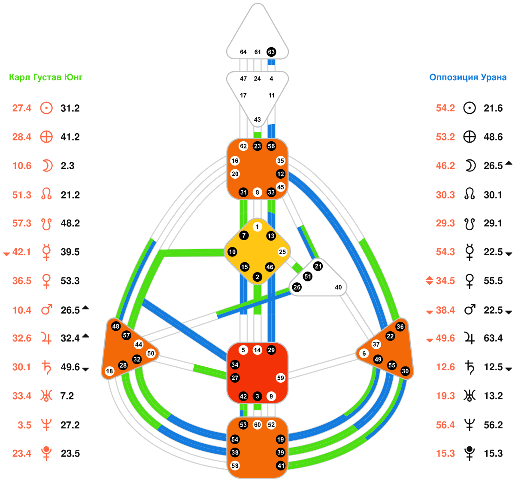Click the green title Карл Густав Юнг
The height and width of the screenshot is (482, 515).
46,78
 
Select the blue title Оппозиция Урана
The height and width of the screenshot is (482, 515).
468,78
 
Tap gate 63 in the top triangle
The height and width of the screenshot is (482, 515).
271,52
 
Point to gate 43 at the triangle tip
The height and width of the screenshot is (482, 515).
257,119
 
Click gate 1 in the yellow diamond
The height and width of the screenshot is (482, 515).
257,227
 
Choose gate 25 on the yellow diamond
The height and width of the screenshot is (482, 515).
282,252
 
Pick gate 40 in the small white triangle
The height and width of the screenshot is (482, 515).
338,287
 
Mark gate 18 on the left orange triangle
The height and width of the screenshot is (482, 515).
109,371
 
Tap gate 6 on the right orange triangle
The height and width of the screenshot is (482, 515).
364,354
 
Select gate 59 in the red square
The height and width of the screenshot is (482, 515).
281,378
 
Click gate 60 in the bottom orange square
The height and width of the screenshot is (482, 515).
257,425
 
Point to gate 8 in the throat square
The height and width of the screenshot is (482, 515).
257,192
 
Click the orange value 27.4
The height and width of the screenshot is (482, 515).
21,108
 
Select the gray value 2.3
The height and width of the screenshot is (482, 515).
67,166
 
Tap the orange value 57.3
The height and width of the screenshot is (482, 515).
21,223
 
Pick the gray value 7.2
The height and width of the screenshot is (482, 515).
67,396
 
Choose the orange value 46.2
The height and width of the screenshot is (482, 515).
445,166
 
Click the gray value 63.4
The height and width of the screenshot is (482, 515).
493,339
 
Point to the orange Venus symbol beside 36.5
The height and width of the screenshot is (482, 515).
46,281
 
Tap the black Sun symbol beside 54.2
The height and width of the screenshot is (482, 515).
470,108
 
